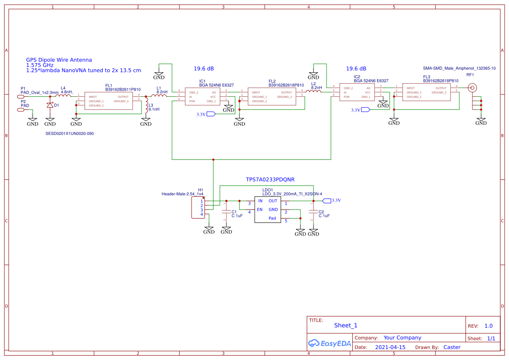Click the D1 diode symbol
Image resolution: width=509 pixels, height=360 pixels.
point(50,105)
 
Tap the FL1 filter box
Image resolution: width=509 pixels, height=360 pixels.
point(109,101)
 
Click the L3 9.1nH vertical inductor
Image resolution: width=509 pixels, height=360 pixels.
point(146,107)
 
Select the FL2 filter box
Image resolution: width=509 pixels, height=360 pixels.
point(272,97)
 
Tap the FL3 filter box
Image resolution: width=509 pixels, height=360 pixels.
point(426,92)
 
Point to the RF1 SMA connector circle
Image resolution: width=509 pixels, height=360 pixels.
point(472,88)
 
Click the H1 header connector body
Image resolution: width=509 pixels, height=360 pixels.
point(198,208)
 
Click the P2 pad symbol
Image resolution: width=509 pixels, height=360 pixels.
point(21,110)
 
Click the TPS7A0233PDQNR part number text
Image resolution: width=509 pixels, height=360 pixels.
point(270,179)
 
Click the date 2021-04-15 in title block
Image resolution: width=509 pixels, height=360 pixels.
point(390,347)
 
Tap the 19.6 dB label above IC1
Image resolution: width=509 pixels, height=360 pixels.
point(204,69)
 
